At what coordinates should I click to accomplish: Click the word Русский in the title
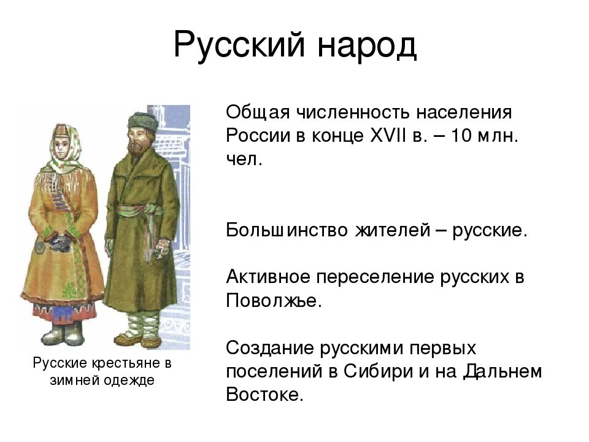239,45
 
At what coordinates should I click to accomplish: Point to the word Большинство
287,230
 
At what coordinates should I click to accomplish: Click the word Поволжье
274,300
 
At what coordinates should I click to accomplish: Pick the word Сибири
377,371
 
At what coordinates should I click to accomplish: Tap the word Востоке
264,394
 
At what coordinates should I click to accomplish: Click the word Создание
270,347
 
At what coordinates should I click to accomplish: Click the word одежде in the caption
129,381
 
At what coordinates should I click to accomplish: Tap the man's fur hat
143,122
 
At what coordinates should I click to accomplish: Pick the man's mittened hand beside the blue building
163,248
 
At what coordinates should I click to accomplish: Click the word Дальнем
503,371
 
